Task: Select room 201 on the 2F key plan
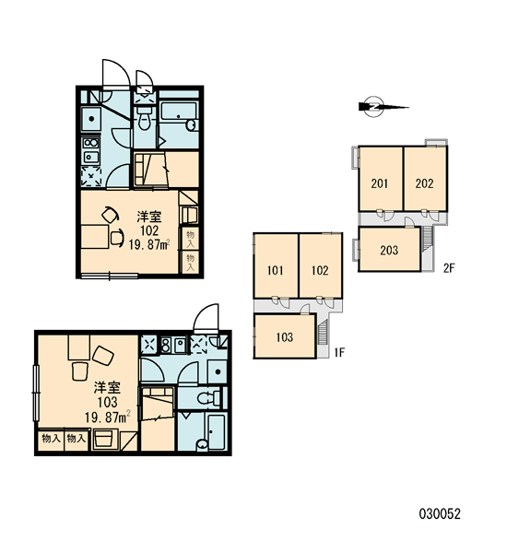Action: click(x=381, y=179)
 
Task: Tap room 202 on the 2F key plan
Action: click(x=425, y=179)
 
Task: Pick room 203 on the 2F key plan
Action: click(x=389, y=250)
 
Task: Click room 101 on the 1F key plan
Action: click(x=276, y=265)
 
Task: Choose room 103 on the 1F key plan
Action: click(x=284, y=336)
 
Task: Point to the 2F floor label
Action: click(x=449, y=268)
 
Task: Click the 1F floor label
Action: click(x=339, y=352)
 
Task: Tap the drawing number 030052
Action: click(x=440, y=514)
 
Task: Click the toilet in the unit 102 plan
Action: click(x=144, y=117)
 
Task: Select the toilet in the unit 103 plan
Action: click(x=208, y=398)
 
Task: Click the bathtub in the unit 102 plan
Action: click(x=179, y=112)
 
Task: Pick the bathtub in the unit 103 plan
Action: click(x=216, y=431)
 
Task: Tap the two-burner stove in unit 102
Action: click(x=90, y=143)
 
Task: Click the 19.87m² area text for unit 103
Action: click(x=107, y=418)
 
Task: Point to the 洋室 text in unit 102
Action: click(x=149, y=217)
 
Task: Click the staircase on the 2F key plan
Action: click(x=428, y=239)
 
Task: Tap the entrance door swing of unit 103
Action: click(x=206, y=318)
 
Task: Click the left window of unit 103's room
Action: click(x=36, y=393)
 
